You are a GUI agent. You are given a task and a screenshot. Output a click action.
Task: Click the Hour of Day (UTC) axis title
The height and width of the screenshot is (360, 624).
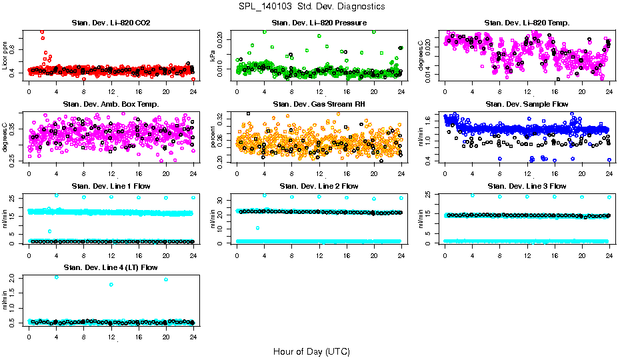coord(311,351)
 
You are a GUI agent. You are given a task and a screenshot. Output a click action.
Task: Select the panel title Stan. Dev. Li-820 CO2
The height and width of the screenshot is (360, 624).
coord(111,23)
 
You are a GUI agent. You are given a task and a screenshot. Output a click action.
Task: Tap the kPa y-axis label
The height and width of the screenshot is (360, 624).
coord(213,56)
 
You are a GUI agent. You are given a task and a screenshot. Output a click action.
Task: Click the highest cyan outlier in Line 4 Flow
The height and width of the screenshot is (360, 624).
coord(56,277)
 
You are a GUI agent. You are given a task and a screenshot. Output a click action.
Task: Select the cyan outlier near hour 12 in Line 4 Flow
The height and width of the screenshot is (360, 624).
coord(111,285)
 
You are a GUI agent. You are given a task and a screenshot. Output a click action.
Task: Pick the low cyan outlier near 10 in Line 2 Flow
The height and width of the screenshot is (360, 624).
coord(257,228)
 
